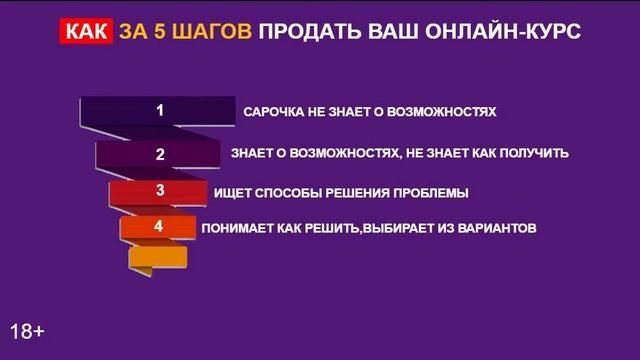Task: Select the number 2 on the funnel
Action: pyautogui.click(x=159, y=155)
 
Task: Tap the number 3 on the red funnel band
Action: pyautogui.click(x=159, y=190)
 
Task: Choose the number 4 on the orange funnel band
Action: pyautogui.click(x=158, y=226)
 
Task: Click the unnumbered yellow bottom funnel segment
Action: pyautogui.click(x=158, y=257)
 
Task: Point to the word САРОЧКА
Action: pyautogui.click(x=276, y=112)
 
